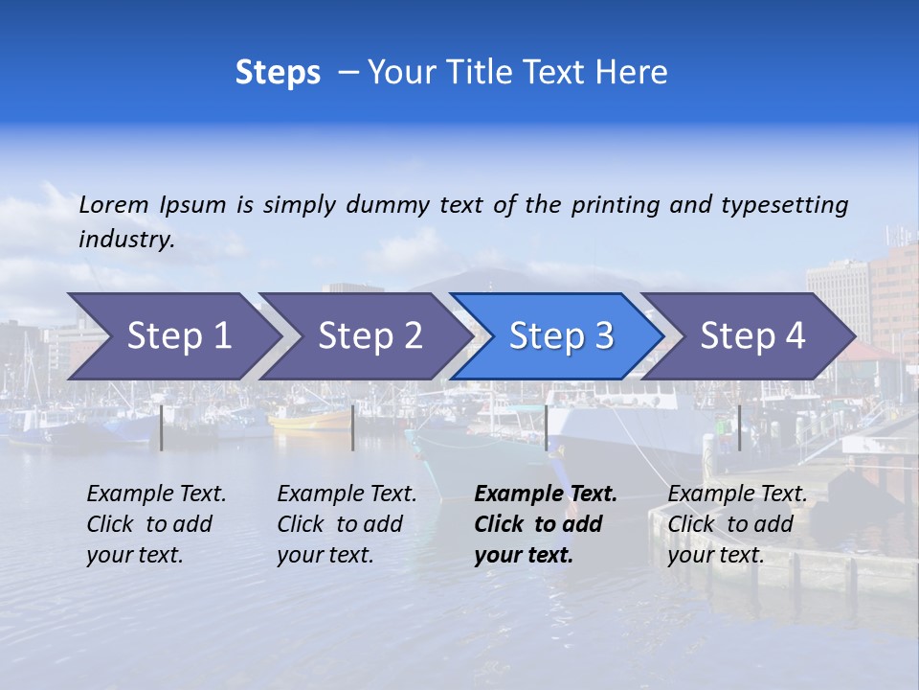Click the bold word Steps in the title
(278, 73)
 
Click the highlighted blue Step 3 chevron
(560, 336)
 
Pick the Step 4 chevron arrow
(751, 336)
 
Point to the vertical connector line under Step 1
(162, 427)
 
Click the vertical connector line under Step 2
(353, 427)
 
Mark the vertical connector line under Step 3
(546, 427)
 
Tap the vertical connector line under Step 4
(739, 427)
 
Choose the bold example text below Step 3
(545, 524)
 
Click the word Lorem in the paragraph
(114, 204)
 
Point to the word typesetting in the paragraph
(784, 205)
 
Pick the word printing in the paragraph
(614, 205)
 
